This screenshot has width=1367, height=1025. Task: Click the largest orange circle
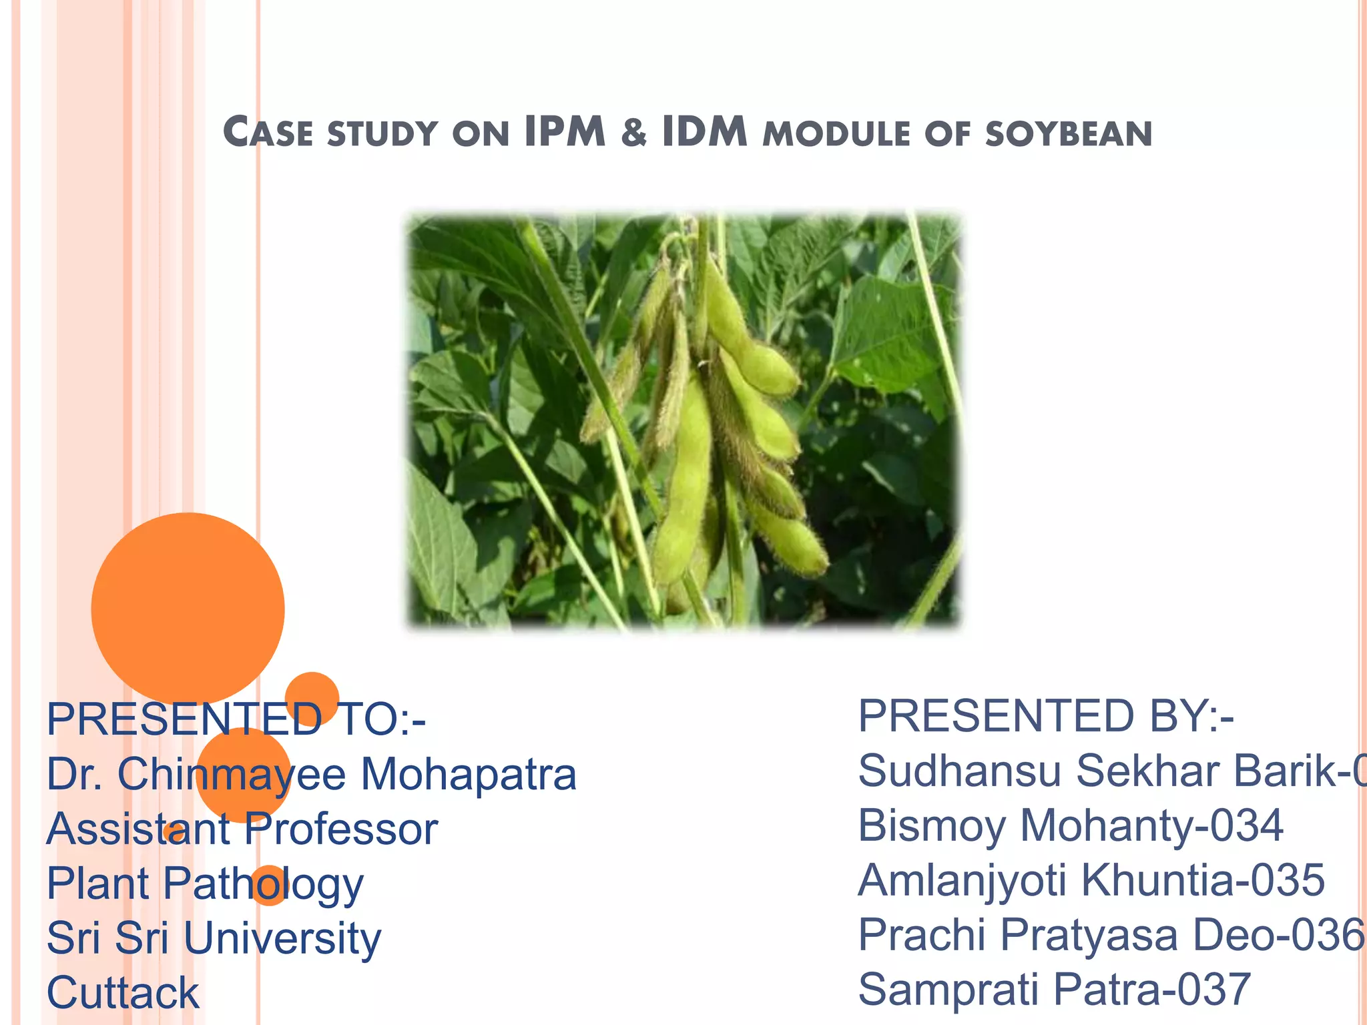[188, 609]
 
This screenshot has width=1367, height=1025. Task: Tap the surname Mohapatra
[469, 774]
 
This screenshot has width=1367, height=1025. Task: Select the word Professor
[341, 829]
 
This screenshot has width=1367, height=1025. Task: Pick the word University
[282, 938]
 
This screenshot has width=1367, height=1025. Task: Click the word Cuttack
[123, 993]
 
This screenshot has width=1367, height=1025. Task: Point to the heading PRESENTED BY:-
[1045, 716]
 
